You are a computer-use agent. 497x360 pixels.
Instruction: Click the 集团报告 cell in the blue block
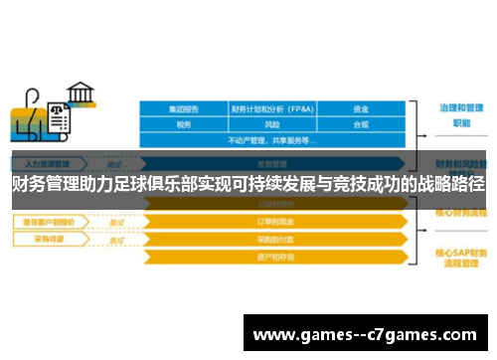183,108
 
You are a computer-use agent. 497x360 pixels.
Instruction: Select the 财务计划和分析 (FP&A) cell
272,108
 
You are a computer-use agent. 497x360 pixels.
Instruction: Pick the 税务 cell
183,124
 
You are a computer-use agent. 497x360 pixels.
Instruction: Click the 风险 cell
272,124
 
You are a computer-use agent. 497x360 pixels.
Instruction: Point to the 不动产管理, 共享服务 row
272,140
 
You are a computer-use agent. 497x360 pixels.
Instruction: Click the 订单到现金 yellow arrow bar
272,222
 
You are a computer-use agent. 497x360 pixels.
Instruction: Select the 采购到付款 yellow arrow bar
272,240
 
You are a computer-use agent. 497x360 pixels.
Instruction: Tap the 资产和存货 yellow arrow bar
272,257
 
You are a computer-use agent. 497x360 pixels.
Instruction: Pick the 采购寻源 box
44,240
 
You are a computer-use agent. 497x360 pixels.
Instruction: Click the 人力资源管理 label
44,163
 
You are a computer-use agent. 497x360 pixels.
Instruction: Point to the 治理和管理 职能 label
461,115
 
